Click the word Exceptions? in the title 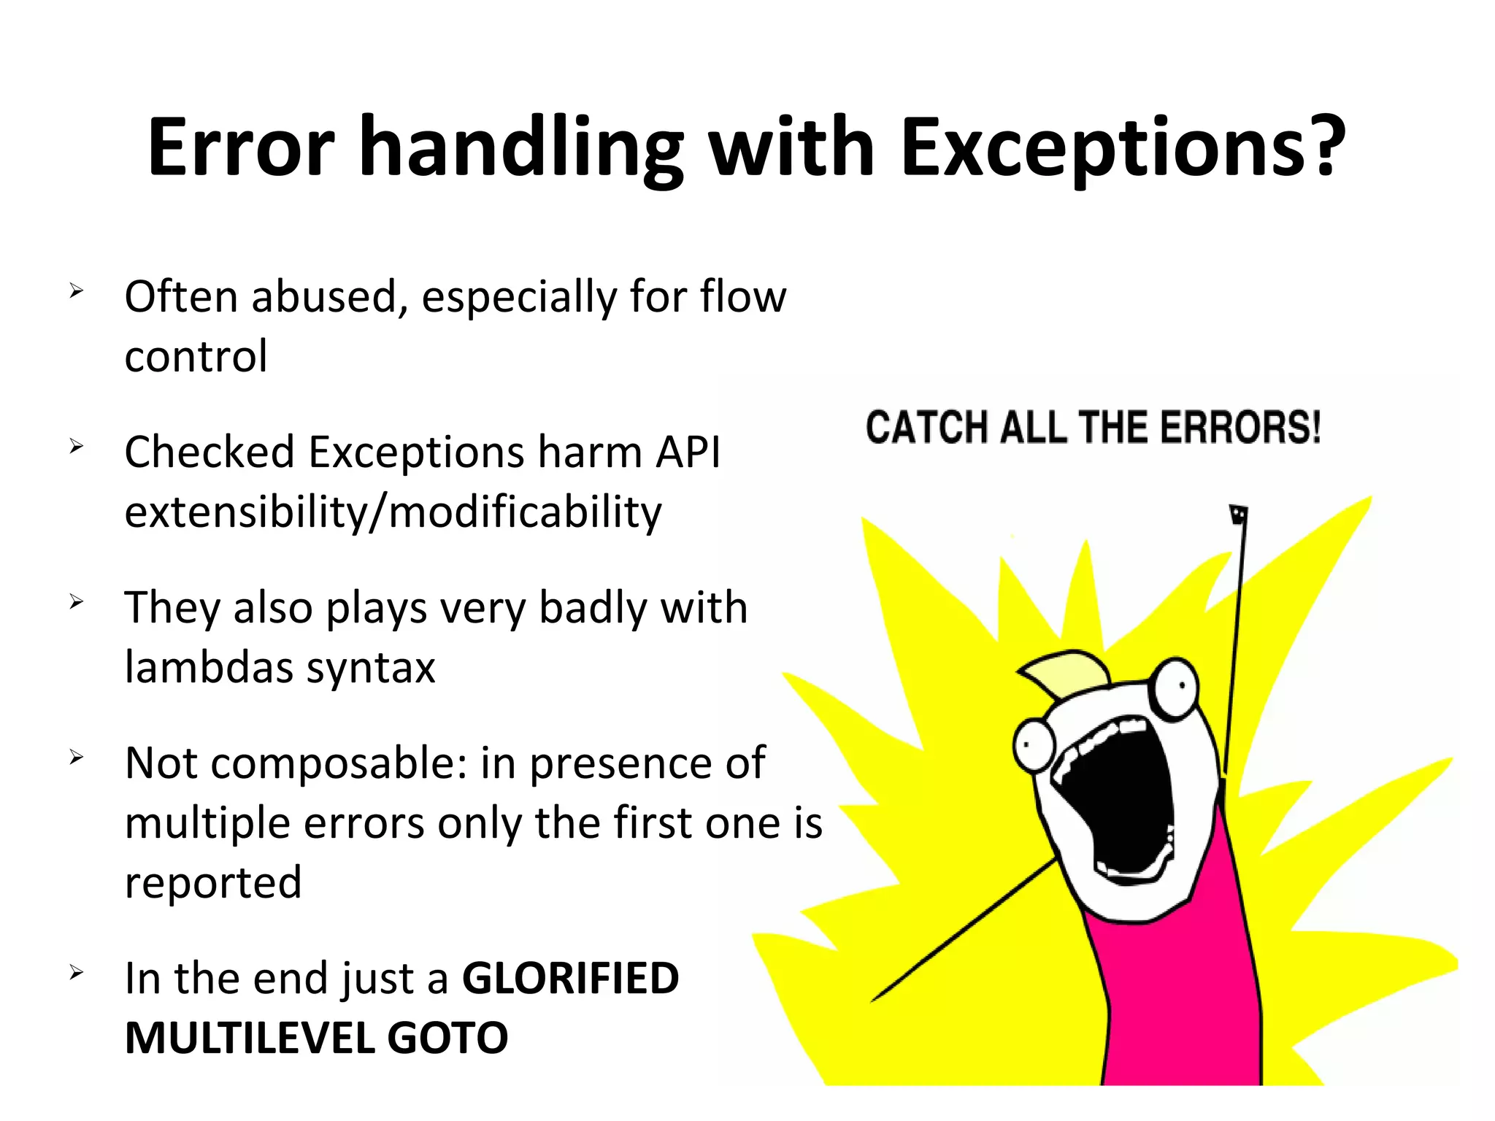click(1123, 150)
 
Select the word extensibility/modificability click(393, 512)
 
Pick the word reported click(213, 883)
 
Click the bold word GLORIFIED click(570, 979)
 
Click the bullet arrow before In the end click(77, 972)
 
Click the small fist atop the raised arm click(1238, 515)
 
